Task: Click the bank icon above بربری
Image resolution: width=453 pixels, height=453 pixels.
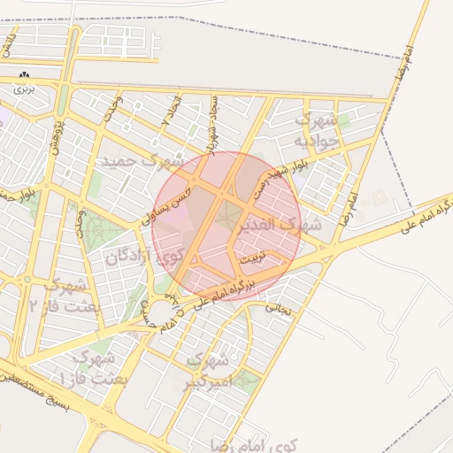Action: coord(23,76)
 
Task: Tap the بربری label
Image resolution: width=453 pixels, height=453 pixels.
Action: coord(23,89)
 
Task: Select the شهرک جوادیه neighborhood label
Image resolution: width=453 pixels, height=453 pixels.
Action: coord(317,129)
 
